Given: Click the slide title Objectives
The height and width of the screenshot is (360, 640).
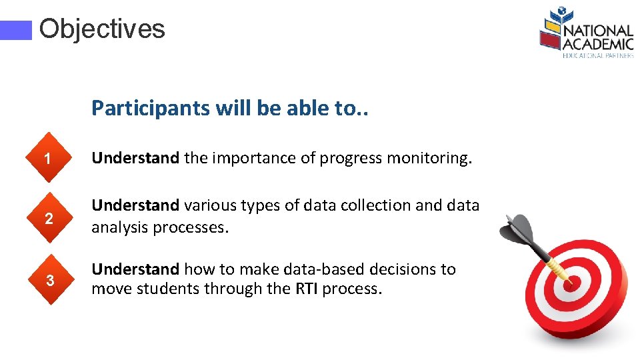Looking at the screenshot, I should point(101,29).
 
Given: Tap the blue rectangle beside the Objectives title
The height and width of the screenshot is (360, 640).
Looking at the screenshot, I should point(15,30).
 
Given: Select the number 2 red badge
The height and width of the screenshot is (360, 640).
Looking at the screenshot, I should point(48,218).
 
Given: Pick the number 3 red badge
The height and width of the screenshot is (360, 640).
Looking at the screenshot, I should point(48,280).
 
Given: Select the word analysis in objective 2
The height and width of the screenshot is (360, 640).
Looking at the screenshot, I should point(120,227).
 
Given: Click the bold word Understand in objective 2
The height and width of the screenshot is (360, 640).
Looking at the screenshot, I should point(135,205).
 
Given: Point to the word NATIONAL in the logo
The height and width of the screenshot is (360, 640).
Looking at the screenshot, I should point(597,31).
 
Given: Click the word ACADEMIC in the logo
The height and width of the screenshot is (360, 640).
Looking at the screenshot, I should point(597,44).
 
